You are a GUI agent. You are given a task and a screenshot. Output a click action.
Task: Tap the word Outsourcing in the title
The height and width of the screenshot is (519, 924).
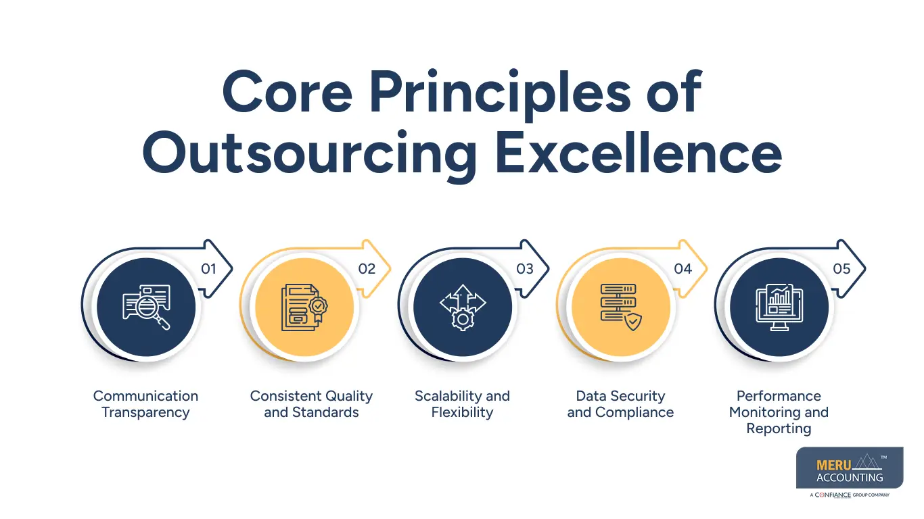(310, 153)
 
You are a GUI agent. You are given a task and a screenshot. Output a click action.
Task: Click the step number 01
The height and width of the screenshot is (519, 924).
(208, 269)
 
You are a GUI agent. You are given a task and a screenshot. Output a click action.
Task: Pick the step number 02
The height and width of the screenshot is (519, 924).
(367, 269)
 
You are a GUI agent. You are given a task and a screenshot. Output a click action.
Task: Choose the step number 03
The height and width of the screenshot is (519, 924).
(525, 269)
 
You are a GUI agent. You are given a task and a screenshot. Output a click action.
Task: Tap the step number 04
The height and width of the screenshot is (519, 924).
(683, 269)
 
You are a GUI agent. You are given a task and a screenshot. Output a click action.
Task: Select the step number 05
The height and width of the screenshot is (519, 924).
(841, 269)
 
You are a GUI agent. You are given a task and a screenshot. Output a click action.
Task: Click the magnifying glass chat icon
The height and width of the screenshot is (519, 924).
(146, 307)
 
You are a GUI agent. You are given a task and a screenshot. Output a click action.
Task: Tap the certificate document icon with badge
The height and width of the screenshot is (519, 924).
(304, 307)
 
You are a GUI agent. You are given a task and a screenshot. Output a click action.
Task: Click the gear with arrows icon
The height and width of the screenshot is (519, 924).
(463, 307)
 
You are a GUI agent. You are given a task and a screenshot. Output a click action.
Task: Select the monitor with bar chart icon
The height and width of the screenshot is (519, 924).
(779, 307)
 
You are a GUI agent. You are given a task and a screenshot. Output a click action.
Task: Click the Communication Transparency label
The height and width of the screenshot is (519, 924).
(145, 404)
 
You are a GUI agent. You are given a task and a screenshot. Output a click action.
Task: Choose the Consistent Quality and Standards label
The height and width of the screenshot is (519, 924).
(311, 404)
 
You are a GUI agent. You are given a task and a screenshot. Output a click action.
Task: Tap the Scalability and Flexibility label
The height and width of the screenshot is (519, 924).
(462, 404)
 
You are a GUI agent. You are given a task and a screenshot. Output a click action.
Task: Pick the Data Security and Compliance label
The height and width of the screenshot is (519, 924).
(620, 404)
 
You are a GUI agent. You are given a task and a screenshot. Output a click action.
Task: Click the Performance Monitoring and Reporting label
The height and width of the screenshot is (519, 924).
(779, 412)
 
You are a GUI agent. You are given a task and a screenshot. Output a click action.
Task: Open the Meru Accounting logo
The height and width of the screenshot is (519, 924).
(850, 470)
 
